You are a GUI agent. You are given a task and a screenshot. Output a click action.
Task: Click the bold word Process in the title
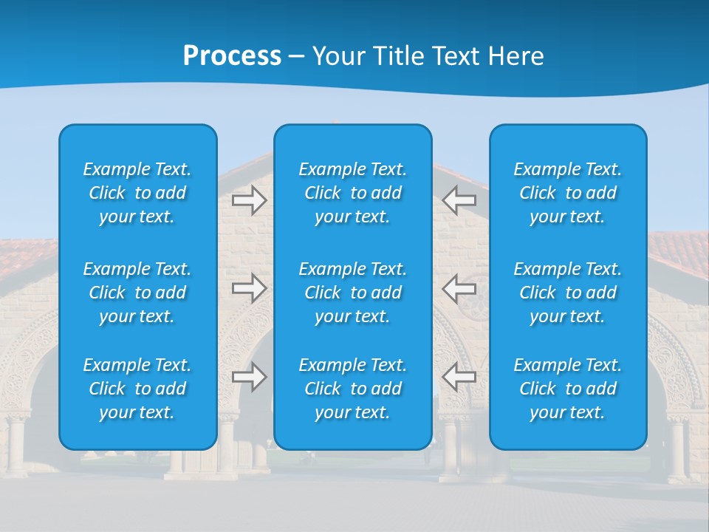tap(232, 56)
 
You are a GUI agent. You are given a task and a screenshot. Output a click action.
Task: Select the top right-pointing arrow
tap(249, 199)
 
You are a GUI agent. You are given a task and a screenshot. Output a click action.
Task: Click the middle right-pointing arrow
tap(249, 287)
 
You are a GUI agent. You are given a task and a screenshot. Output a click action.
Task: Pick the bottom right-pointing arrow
tap(249, 377)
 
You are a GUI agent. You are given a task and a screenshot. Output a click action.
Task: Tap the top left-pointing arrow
tap(459, 199)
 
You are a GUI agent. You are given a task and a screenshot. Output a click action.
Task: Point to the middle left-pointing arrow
tap(459, 287)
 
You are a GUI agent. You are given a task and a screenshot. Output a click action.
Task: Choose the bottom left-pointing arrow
tap(459, 377)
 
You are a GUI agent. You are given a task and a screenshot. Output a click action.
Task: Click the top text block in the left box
tap(137, 193)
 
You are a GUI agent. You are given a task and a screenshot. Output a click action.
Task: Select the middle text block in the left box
tap(137, 293)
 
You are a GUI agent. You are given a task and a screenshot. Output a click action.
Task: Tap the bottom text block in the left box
tap(137, 389)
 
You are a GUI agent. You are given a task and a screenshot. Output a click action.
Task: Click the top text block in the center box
tap(352, 193)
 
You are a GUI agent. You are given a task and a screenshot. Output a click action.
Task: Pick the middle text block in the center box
tap(352, 293)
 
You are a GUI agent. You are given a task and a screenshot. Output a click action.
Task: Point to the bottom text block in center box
tap(352, 389)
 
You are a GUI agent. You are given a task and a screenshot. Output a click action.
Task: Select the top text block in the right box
tap(567, 193)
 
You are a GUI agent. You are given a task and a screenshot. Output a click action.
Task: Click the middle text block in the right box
tap(567, 293)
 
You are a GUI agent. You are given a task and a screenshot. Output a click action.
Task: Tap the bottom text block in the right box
tap(567, 389)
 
